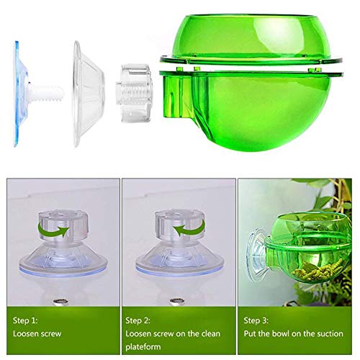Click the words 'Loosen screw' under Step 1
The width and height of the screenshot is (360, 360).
37,334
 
